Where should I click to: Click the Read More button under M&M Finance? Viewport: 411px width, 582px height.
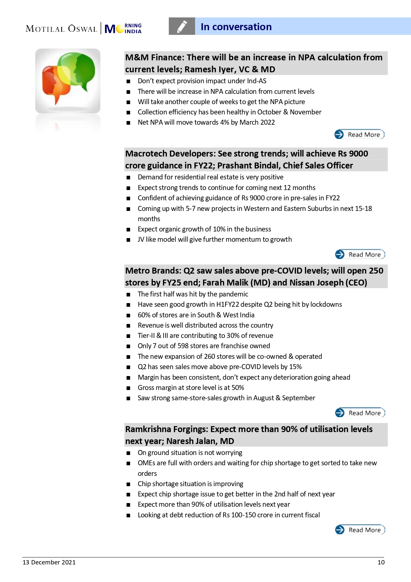[x=359, y=134]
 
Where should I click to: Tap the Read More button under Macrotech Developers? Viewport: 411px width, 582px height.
[x=360, y=254]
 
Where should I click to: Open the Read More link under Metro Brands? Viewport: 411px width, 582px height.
[x=360, y=413]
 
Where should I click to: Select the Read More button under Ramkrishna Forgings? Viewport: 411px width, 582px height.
[x=360, y=530]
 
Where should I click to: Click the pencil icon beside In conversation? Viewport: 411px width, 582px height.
[x=182, y=27]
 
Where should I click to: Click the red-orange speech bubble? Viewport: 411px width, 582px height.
[x=55, y=83]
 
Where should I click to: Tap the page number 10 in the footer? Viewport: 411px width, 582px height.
[x=381, y=562]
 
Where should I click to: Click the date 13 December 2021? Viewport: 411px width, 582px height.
[x=49, y=562]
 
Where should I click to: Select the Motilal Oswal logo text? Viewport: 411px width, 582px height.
[x=62, y=29]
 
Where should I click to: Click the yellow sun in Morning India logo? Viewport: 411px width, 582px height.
[x=120, y=30]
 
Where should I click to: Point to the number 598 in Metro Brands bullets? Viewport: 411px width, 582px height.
[x=183, y=346]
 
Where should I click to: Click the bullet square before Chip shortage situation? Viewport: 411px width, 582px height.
[x=128, y=484]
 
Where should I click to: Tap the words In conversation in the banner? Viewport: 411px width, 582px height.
[x=236, y=27]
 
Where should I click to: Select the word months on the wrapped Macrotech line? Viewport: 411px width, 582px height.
[x=149, y=219]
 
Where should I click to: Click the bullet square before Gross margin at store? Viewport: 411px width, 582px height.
[x=128, y=388]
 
